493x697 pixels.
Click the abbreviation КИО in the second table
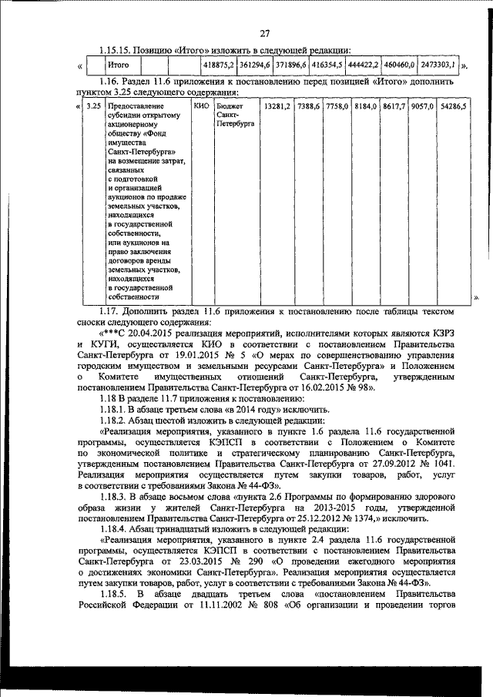(x=200, y=105)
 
